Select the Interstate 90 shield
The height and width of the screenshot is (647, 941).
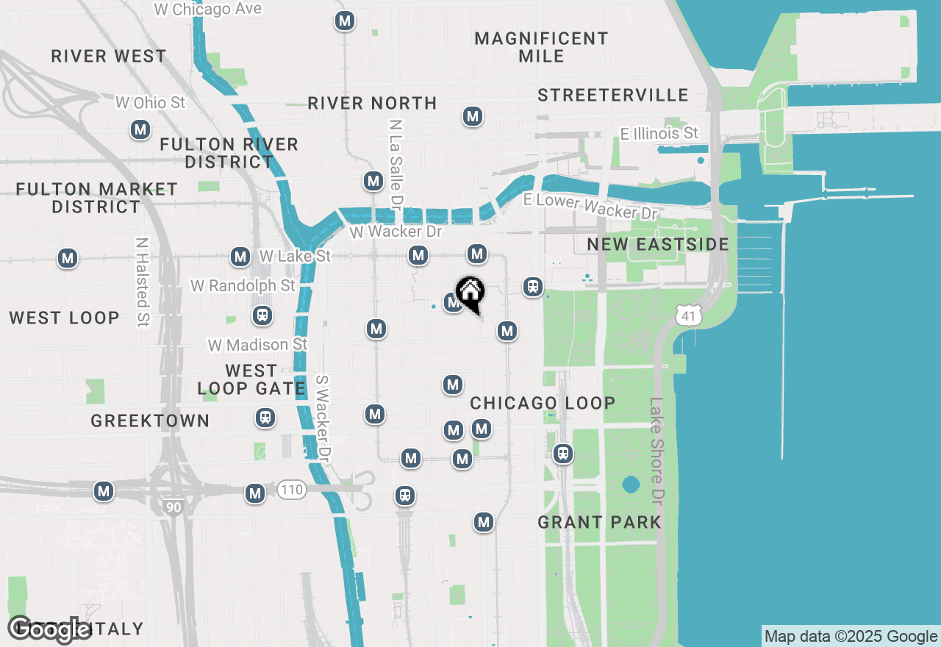pyautogui.click(x=173, y=507)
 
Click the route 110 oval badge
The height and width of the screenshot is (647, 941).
pyautogui.click(x=291, y=490)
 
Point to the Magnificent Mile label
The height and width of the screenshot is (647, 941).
pyautogui.click(x=542, y=47)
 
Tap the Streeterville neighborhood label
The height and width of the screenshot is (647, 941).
pyautogui.click(x=613, y=95)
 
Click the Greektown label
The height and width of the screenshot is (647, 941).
pyautogui.click(x=151, y=421)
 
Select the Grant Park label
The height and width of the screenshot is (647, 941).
pyautogui.click(x=600, y=522)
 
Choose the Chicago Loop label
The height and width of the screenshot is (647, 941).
pyautogui.click(x=543, y=403)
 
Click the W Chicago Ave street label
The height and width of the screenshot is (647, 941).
pyautogui.click(x=208, y=10)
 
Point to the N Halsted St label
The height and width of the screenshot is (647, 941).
pyautogui.click(x=143, y=282)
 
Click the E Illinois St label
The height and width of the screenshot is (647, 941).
pyautogui.click(x=659, y=133)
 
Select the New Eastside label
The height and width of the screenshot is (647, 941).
pyautogui.click(x=658, y=244)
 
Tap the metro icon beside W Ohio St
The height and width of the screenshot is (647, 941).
pyautogui.click(x=140, y=130)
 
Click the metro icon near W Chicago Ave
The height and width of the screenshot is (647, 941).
pyautogui.click(x=345, y=21)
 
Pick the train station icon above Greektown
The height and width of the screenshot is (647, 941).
pyautogui.click(x=265, y=418)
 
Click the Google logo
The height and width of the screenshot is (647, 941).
pyautogui.click(x=49, y=629)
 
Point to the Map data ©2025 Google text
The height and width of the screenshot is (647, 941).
pyautogui.click(x=851, y=637)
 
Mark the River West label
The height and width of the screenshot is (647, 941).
pyautogui.click(x=109, y=56)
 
